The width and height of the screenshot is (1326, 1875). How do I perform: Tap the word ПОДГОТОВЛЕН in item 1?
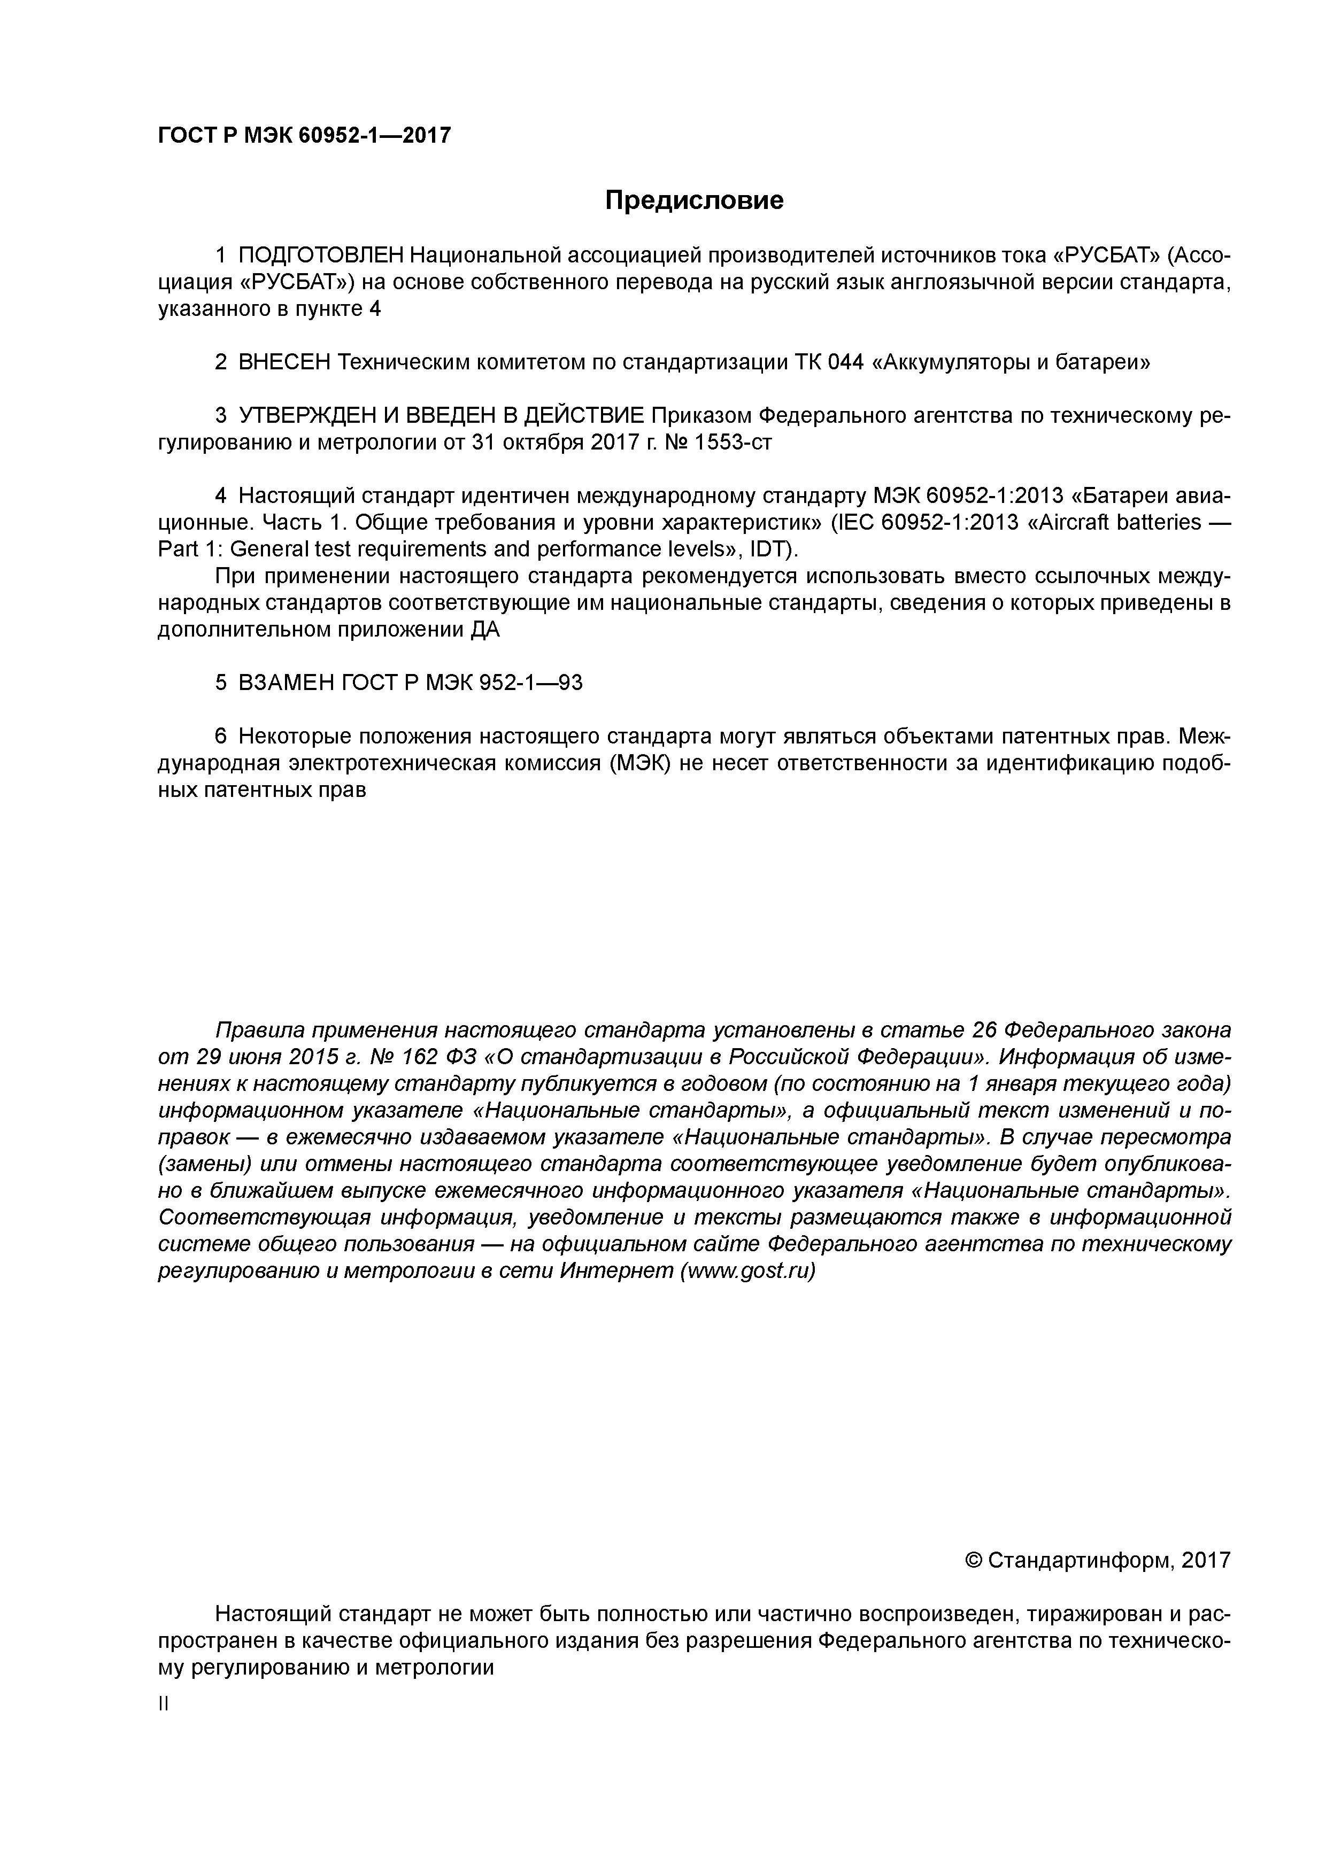[x=321, y=257]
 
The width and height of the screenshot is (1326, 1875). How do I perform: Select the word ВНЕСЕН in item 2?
[x=284, y=362]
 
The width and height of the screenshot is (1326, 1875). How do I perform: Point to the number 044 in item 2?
[x=845, y=362]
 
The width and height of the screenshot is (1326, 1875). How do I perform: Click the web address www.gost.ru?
[x=747, y=1272]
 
